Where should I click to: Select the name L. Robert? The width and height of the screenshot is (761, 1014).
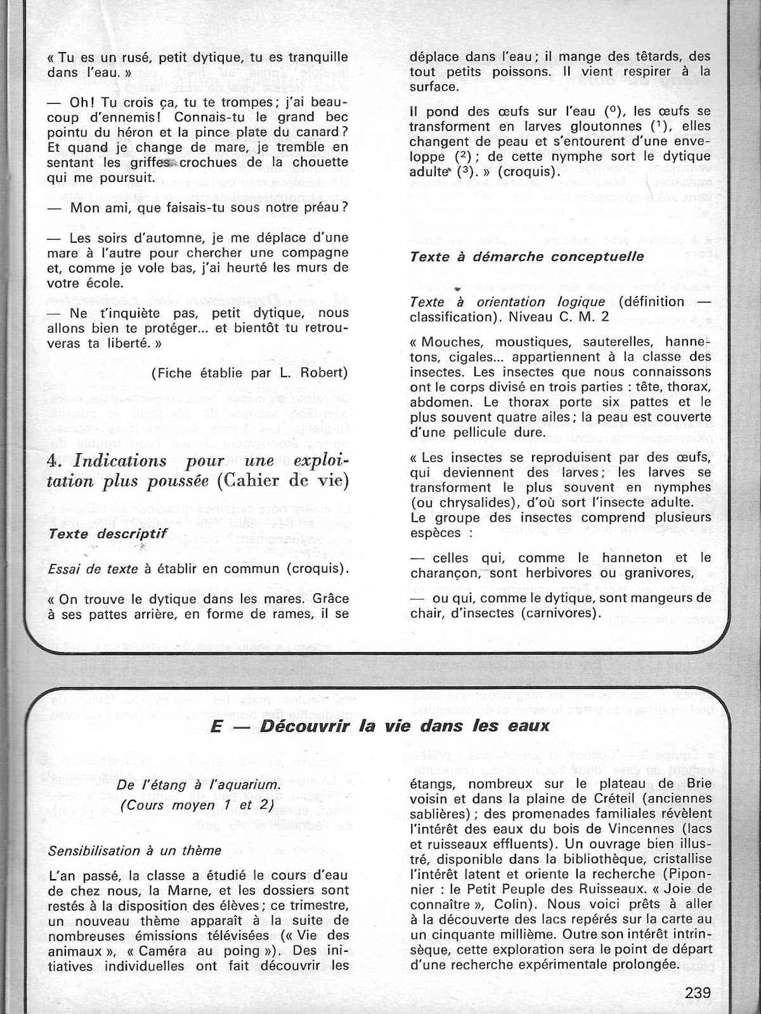tap(318, 373)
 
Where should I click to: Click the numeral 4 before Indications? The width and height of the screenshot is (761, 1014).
tap(54, 461)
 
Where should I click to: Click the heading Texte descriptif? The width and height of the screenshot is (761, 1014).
tap(108, 533)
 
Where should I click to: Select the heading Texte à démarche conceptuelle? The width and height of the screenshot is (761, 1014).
tap(527, 257)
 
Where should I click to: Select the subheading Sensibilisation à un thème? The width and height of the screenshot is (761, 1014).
tap(135, 850)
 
